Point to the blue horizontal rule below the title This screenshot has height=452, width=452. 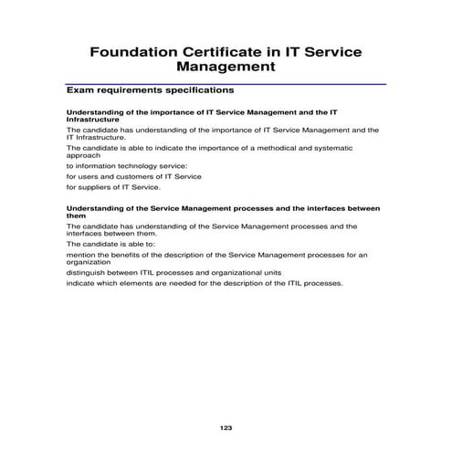click(x=226, y=83)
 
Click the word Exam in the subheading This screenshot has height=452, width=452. click(x=79, y=91)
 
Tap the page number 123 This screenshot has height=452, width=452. click(x=226, y=427)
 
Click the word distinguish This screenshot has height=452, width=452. click(x=87, y=272)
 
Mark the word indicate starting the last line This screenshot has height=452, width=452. click(x=80, y=283)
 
